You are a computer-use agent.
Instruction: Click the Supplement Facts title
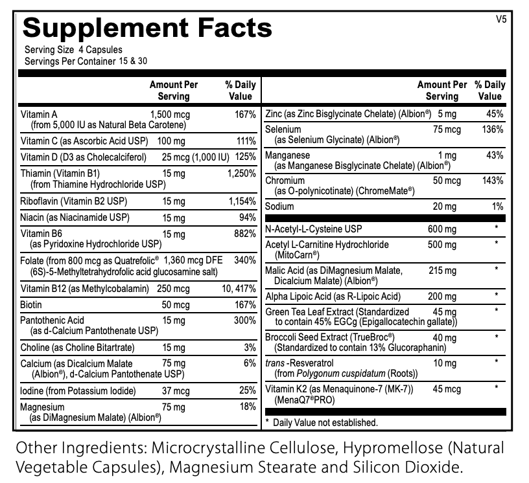(147, 28)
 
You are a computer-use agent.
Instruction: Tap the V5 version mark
(501, 19)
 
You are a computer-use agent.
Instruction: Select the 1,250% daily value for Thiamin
(242, 174)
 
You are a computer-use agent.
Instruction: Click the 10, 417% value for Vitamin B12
(239, 289)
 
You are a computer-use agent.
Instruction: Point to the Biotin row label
(31, 305)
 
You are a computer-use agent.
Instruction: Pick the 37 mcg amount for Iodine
(176, 391)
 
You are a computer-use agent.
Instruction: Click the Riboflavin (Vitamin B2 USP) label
(73, 201)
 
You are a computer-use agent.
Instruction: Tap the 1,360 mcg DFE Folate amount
(193, 260)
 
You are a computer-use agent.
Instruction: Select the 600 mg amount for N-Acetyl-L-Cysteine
(442, 229)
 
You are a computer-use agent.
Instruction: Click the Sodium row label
(279, 207)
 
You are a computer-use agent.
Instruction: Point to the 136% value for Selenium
(493, 129)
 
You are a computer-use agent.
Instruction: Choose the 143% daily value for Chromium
(493, 181)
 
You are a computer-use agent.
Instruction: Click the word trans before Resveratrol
(275, 363)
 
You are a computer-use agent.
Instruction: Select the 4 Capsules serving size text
(100, 50)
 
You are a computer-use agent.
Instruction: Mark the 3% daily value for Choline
(250, 348)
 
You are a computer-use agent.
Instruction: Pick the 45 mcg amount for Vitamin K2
(447, 389)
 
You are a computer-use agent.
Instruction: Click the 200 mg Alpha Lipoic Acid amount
(442, 297)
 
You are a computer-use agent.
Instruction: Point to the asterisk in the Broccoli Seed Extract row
(497, 337)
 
